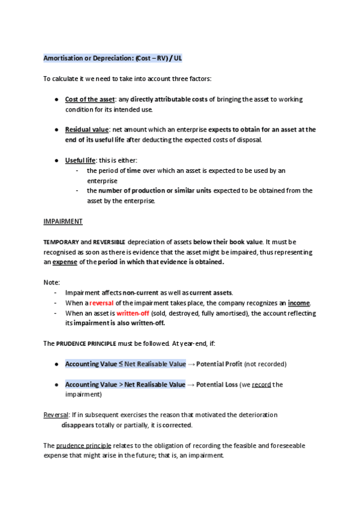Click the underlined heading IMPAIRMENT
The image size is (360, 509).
pyautogui.click(x=63, y=221)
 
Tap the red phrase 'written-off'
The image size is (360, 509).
pyautogui.click(x=120, y=313)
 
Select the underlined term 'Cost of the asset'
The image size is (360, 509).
pyautogui.click(x=90, y=99)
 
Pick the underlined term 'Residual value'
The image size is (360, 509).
pyautogui.click(x=86, y=130)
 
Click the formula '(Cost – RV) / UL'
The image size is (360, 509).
pyautogui.click(x=158, y=58)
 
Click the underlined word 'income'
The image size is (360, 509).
pyautogui.click(x=299, y=303)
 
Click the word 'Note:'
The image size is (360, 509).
pyautogui.click(x=52, y=283)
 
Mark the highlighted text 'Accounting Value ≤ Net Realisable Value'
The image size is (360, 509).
pyautogui.click(x=125, y=364)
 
